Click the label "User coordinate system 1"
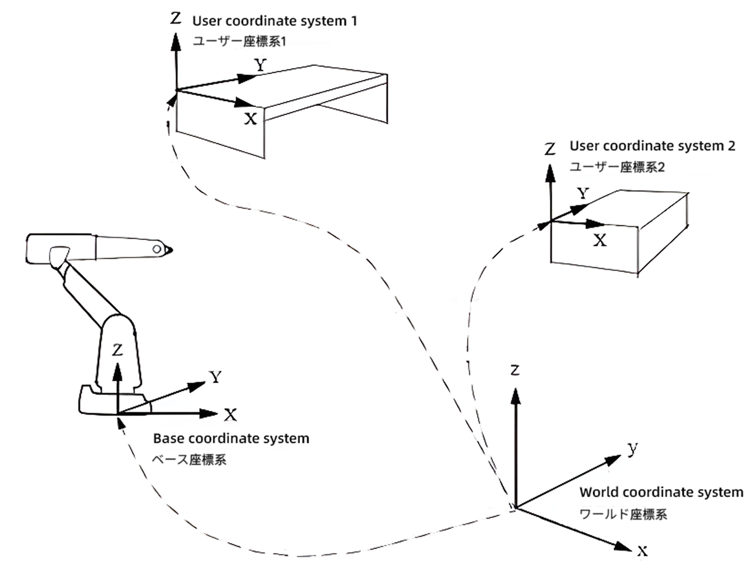point(274,21)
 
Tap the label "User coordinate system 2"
point(653,146)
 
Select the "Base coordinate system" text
point(231,438)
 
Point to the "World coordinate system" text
point(661,492)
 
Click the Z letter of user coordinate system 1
point(176,18)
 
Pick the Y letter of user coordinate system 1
point(260,65)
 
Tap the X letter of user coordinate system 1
point(250,118)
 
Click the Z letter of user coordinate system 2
point(550,148)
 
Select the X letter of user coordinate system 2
point(600,240)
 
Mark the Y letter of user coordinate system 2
point(584,194)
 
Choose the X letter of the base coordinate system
point(230,415)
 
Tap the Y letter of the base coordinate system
point(215,376)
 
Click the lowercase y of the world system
point(633,449)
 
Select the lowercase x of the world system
point(642,551)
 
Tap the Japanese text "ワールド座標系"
point(624,514)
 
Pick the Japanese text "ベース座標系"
point(189,459)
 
